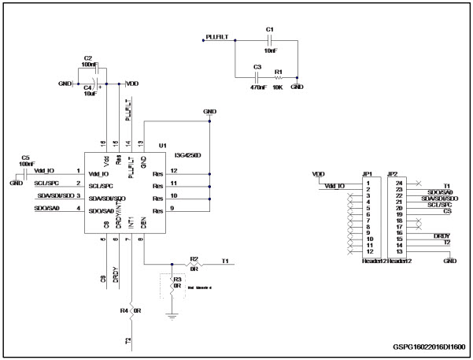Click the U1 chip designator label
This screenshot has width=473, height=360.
click(163, 146)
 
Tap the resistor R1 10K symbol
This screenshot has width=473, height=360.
click(278, 78)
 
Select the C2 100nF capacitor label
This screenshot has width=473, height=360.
click(87, 62)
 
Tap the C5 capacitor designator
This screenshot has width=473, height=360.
click(26, 158)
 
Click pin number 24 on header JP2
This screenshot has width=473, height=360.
click(399, 182)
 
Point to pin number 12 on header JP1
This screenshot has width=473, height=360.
click(368, 251)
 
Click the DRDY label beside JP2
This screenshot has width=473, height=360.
click(441, 236)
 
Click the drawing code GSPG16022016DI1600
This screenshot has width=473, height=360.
click(428, 345)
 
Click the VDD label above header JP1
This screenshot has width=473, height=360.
click(319, 174)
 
